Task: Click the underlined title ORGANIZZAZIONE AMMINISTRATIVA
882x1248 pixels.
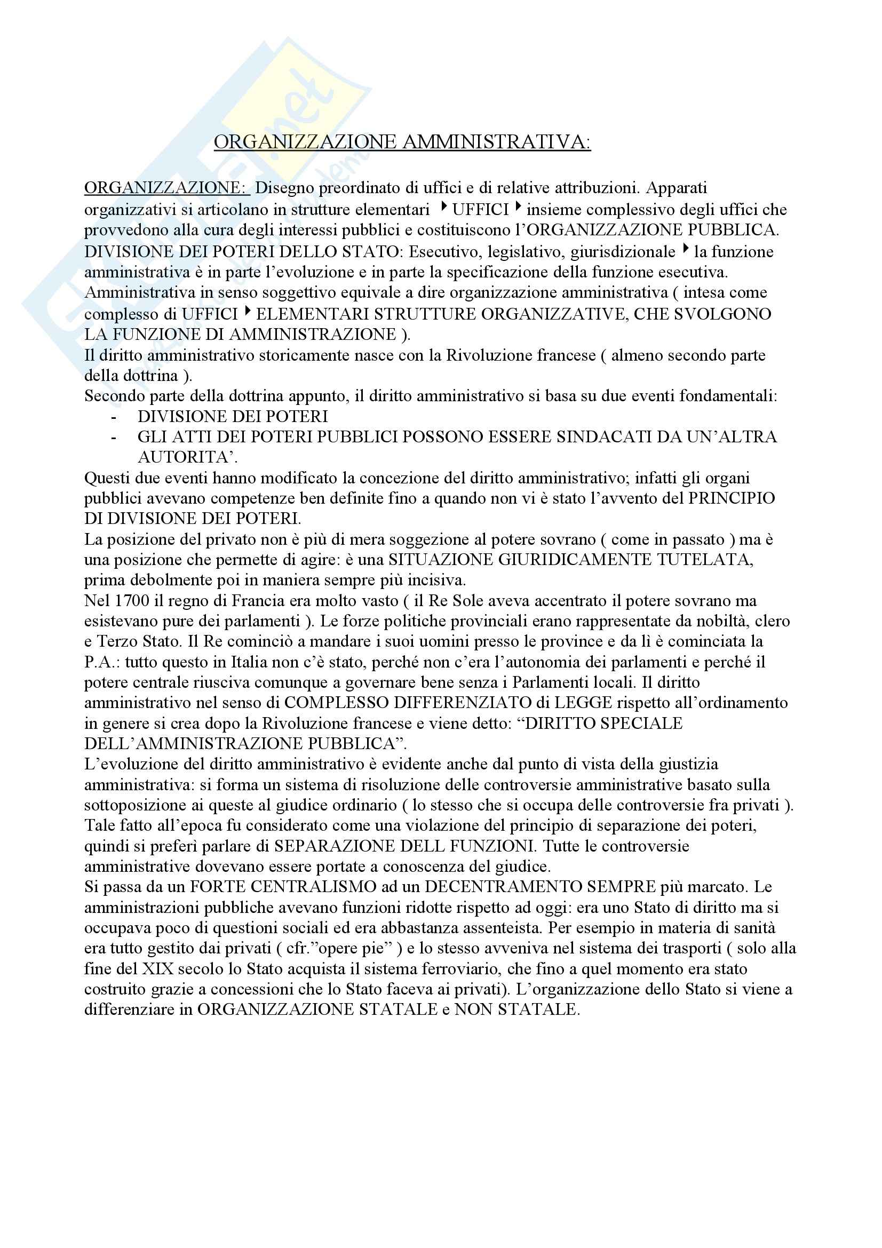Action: (x=402, y=142)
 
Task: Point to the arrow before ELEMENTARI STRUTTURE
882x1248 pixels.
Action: (x=248, y=313)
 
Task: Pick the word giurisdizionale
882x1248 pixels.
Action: (x=623, y=252)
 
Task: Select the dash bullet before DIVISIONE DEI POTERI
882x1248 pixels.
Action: (x=113, y=417)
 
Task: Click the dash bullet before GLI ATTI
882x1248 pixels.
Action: (x=113, y=438)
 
